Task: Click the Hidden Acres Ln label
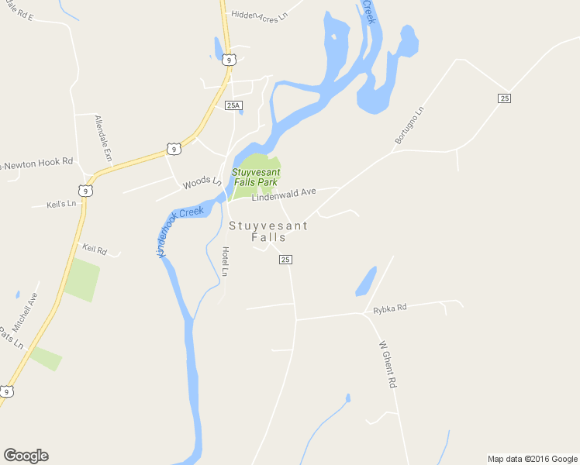pyautogui.click(x=259, y=14)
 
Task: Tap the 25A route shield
pyautogui.click(x=233, y=105)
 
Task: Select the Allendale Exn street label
pyautogui.click(x=103, y=139)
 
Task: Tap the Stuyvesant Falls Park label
pyautogui.click(x=256, y=177)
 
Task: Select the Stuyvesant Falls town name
pyautogui.click(x=268, y=232)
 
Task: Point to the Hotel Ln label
pyautogui.click(x=225, y=262)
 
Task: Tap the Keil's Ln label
pyautogui.click(x=61, y=204)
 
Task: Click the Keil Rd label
pyautogui.click(x=94, y=249)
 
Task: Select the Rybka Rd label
pyautogui.click(x=389, y=308)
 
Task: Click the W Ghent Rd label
pyautogui.click(x=388, y=364)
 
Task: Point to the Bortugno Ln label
pyautogui.click(x=409, y=126)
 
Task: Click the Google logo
pyautogui.click(x=26, y=456)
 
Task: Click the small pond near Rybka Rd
pyautogui.click(x=366, y=282)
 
